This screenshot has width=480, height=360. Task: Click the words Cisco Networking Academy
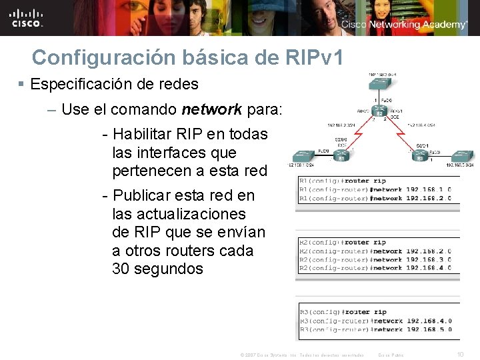(x=405, y=25)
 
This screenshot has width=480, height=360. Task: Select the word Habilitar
(x=144, y=134)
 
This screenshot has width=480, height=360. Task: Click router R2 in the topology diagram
(x=379, y=111)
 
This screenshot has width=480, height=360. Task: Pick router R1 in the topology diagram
(x=340, y=157)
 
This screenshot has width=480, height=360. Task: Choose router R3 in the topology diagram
(x=420, y=157)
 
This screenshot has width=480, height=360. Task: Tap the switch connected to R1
(x=304, y=155)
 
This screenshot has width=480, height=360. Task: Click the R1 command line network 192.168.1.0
(x=378, y=189)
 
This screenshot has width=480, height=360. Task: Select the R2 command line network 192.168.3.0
(x=378, y=260)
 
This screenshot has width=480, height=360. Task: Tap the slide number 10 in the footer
(x=459, y=354)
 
